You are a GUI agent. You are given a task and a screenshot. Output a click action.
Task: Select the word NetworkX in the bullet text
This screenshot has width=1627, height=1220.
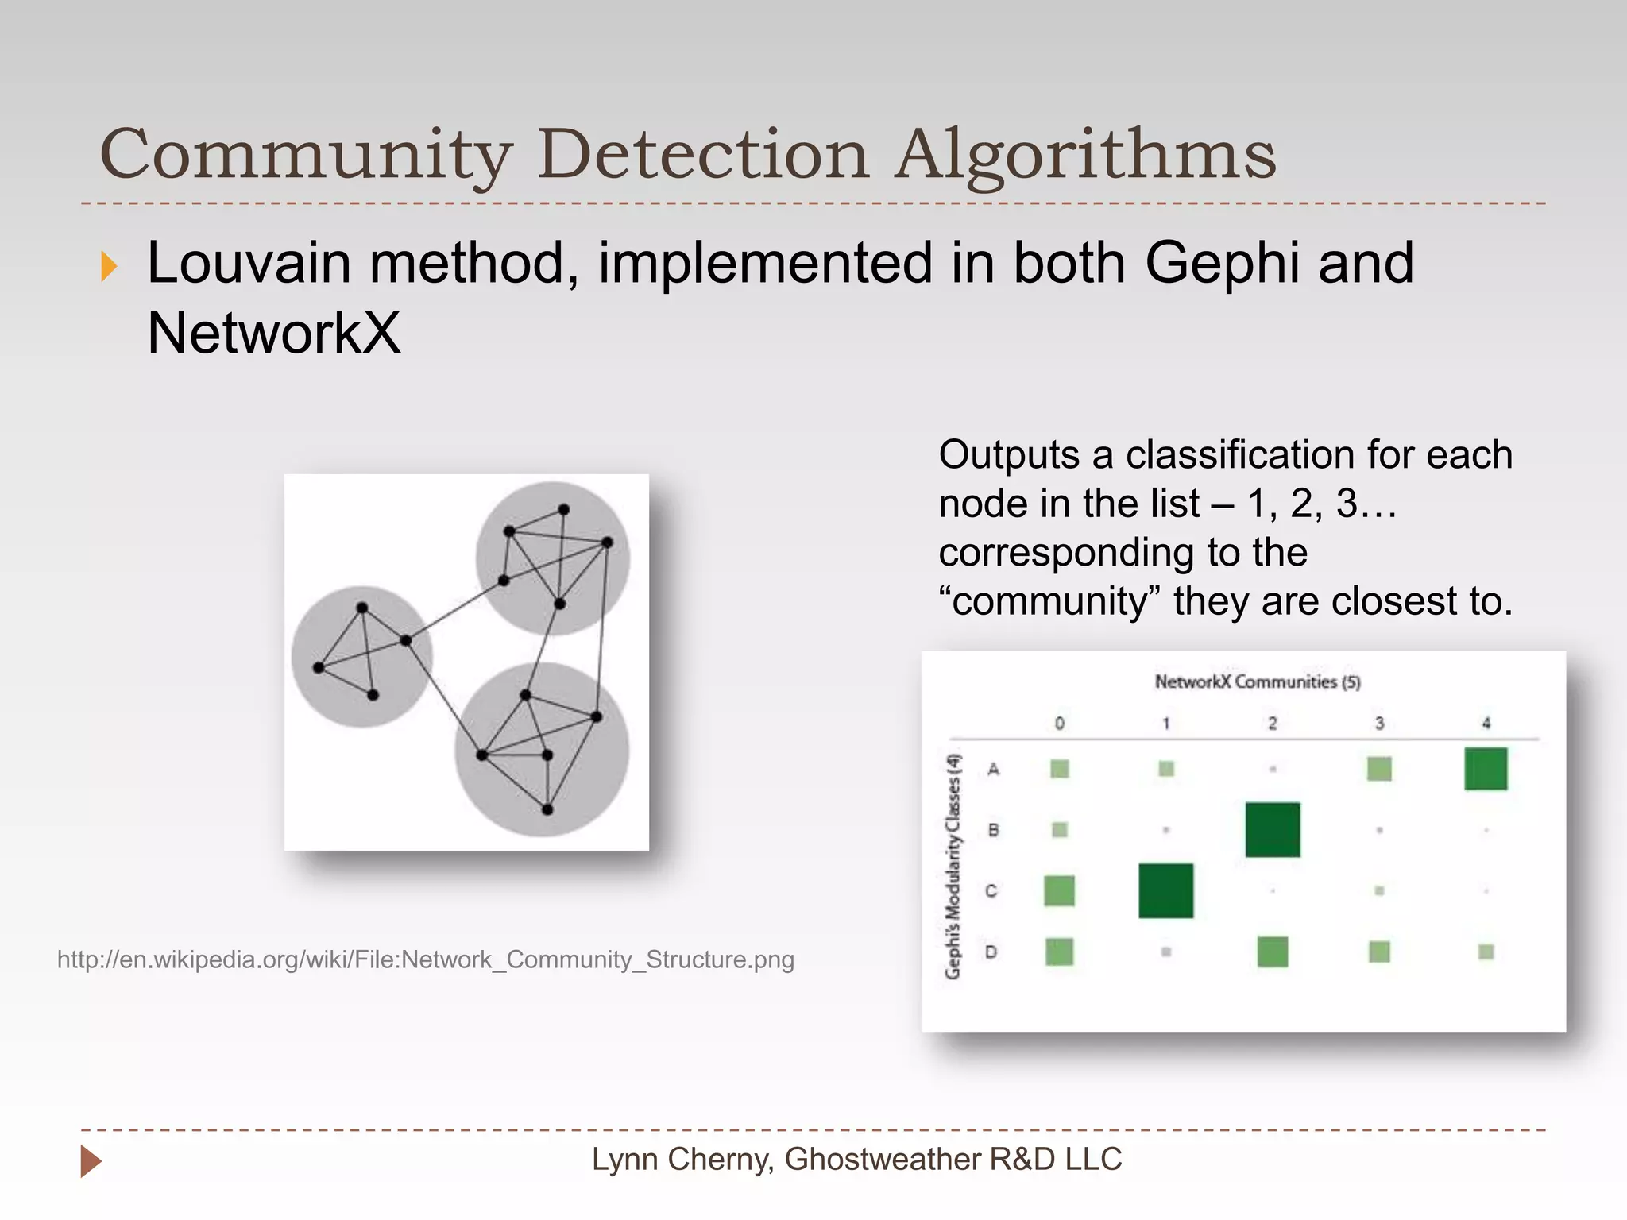point(273,333)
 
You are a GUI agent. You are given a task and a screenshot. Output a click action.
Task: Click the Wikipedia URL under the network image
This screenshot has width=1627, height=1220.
point(426,959)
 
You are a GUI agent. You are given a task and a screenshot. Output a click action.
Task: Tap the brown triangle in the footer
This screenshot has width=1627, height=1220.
point(91,1161)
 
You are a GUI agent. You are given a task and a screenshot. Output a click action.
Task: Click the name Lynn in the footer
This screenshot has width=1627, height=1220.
point(624,1160)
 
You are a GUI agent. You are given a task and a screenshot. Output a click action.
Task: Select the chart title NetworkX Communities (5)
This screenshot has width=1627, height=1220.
point(1257,681)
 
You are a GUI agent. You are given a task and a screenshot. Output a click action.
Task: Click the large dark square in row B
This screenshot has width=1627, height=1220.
point(1272,829)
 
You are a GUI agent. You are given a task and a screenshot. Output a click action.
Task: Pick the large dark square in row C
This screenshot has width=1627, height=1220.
point(1165,890)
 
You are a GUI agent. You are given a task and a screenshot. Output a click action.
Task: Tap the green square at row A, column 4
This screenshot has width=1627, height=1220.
point(1486,768)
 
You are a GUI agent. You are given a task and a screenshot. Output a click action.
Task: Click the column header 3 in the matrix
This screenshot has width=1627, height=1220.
point(1379,723)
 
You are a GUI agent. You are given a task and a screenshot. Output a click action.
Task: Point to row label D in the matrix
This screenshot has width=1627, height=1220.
point(991,952)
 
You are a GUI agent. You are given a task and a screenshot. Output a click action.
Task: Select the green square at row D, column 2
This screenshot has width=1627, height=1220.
point(1272,952)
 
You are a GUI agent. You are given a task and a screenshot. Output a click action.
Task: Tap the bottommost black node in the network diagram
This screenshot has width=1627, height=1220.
point(547,809)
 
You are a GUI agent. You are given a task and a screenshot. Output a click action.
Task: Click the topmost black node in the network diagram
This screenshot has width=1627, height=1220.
point(563,509)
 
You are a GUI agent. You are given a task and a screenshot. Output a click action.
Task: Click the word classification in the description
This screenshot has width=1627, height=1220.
point(1240,455)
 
